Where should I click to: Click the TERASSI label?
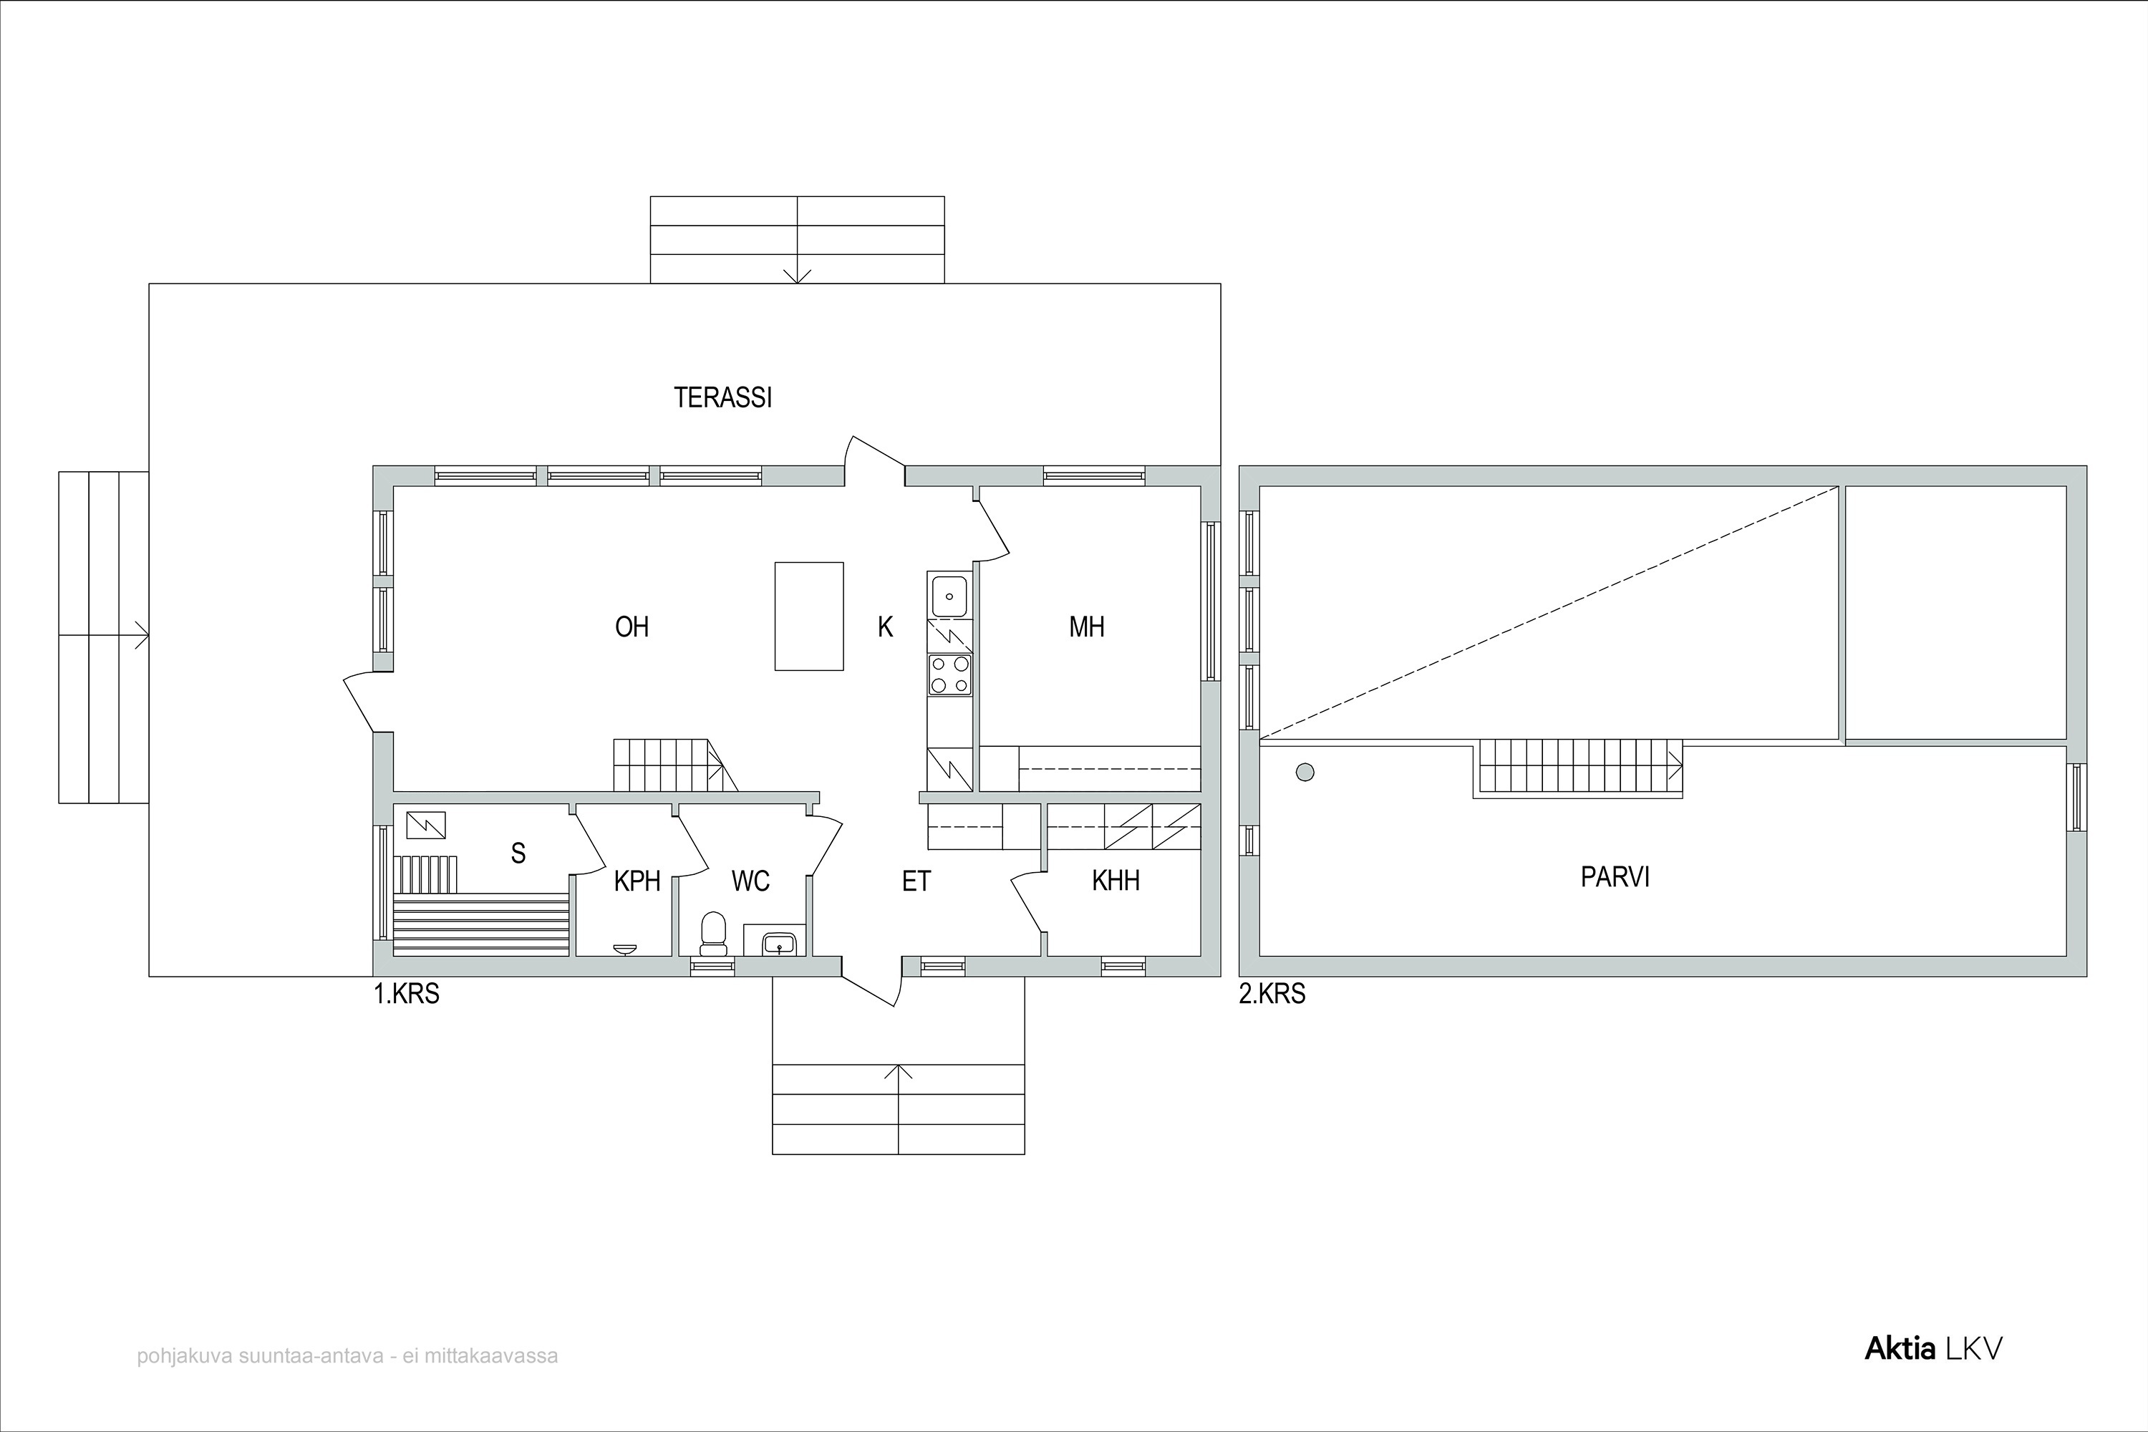pos(723,397)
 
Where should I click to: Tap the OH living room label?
pos(632,626)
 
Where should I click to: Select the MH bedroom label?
pos(1087,626)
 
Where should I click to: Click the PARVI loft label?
pos(1615,876)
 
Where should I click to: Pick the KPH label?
pos(637,881)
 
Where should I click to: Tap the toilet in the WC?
pos(712,934)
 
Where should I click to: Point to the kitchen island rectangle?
pos(809,616)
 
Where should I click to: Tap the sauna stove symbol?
pos(425,825)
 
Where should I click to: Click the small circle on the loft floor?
pos(1305,773)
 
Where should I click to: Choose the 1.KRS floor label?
pos(407,995)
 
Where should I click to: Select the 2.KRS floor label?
pos(1272,995)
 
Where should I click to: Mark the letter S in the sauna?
pos(518,853)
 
